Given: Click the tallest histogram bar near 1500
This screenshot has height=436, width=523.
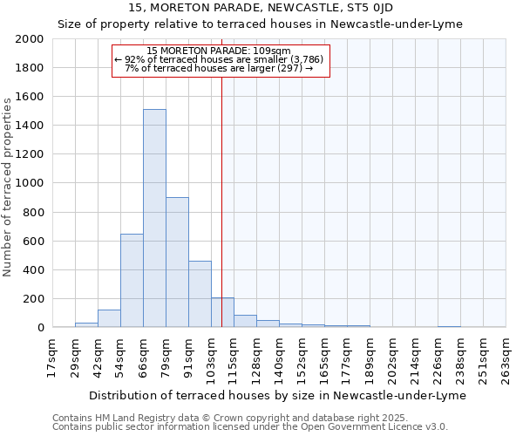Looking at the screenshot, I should (154, 218).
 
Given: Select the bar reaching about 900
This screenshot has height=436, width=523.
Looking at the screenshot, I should (177, 262).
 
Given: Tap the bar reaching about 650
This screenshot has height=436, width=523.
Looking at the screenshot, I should (132, 280).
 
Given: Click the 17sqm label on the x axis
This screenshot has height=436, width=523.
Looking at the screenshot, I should (51, 356).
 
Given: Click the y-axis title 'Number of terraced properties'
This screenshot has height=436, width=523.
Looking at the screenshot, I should (8, 187).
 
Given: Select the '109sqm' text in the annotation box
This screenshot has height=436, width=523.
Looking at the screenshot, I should (274, 51).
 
